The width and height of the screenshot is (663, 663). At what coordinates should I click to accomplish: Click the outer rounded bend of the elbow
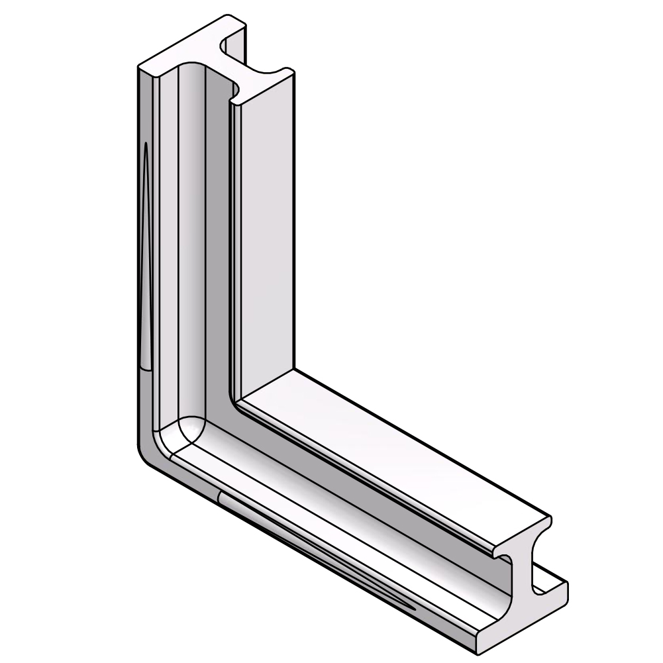[x=147, y=457]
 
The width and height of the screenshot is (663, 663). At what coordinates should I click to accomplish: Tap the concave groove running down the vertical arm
[x=192, y=252]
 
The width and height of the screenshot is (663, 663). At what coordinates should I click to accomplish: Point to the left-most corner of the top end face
[x=138, y=68]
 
